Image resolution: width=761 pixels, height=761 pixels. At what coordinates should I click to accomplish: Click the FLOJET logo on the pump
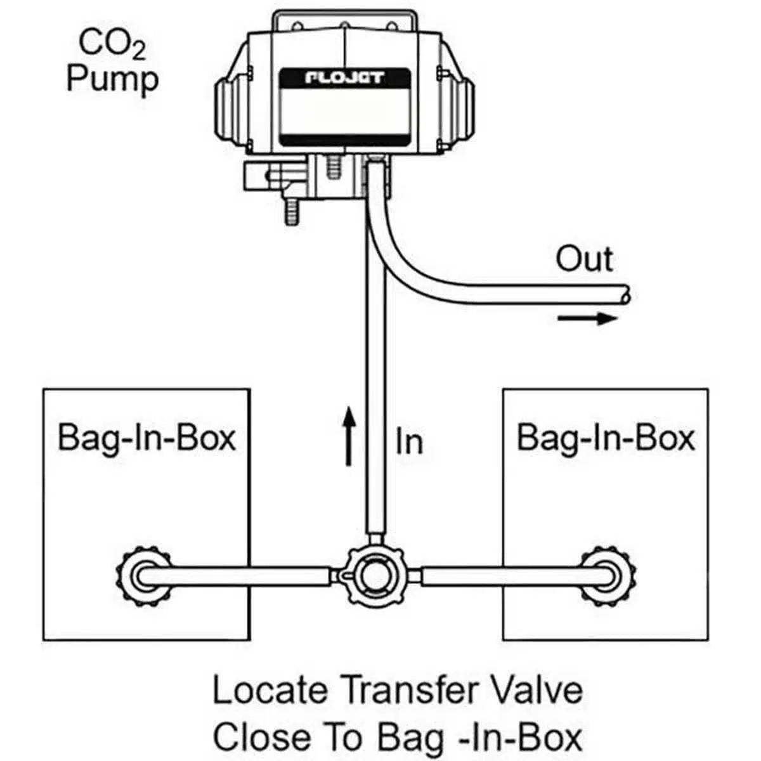tap(345, 78)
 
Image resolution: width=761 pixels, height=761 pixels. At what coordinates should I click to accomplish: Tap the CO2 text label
tap(112, 45)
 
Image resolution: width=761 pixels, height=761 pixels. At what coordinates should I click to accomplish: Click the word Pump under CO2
tap(113, 81)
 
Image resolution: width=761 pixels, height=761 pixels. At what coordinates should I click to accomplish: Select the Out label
tap(584, 259)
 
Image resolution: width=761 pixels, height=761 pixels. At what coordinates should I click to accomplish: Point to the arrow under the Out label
tap(587, 318)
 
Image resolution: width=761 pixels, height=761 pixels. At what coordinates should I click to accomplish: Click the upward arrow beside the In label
tap(348, 437)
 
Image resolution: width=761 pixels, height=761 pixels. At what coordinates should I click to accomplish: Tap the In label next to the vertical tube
tap(408, 440)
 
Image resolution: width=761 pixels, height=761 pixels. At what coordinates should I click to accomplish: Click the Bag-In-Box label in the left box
tap(146, 437)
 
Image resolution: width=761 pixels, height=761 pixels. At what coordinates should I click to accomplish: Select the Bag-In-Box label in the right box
tap(606, 437)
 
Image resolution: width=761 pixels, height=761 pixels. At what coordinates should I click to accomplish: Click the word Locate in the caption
tap(271, 690)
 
